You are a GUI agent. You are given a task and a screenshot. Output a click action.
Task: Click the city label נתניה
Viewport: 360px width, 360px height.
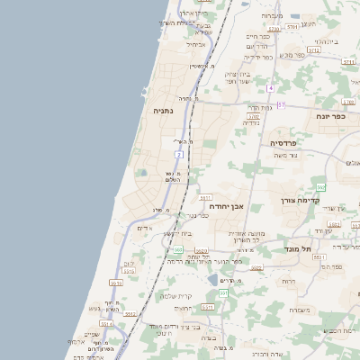pyautogui.click(x=163, y=111)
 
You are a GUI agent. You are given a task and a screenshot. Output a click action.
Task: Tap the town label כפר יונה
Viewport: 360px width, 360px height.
pyautogui.click(x=330, y=116)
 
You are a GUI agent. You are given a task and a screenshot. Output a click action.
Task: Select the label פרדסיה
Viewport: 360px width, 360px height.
pyautogui.click(x=290, y=143)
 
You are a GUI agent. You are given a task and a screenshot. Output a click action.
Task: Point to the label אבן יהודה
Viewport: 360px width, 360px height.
pyautogui.click(x=225, y=206)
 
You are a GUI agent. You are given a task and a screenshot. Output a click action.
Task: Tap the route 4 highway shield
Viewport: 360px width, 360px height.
pyautogui.click(x=269, y=88)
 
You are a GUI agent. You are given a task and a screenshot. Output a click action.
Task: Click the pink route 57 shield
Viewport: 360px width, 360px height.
pyautogui.click(x=281, y=105)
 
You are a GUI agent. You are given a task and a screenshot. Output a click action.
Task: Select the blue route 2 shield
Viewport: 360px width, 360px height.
pyautogui.click(x=179, y=155)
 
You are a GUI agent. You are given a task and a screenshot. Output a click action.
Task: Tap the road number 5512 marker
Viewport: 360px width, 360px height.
pyautogui.click(x=313, y=50)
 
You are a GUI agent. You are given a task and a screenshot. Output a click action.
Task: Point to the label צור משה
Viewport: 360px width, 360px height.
pyautogui.click(x=287, y=156)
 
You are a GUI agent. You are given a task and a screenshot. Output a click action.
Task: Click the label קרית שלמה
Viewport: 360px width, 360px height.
pyautogui.click(x=176, y=296)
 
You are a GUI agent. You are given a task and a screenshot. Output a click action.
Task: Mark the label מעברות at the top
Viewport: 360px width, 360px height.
pyautogui.click(x=273, y=16)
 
